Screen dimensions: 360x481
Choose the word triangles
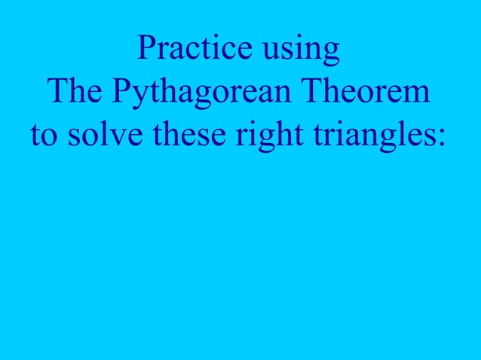point(367,137)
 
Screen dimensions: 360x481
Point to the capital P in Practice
point(146,50)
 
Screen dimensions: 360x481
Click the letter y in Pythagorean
point(138,98)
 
